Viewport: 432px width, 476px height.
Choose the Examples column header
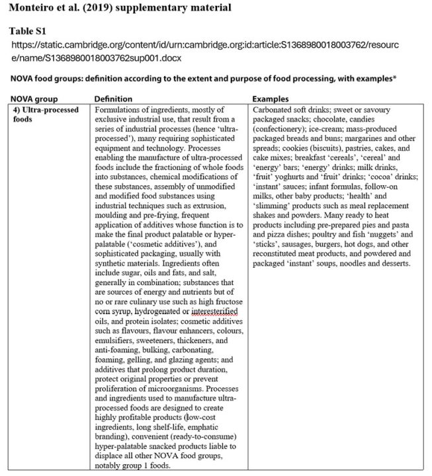[273, 98]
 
